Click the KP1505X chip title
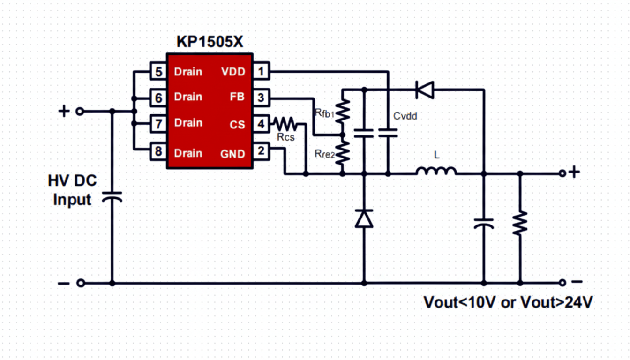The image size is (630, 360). (x=210, y=42)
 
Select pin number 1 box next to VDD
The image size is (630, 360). (x=261, y=72)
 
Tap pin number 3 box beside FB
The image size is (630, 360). (x=261, y=97)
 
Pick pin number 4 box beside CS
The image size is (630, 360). (x=261, y=124)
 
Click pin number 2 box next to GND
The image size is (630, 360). (x=261, y=151)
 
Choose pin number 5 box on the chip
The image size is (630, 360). (x=158, y=72)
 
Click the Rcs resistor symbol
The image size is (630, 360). (x=285, y=124)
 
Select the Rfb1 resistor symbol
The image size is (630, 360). (x=343, y=112)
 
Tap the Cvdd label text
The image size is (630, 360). (x=405, y=116)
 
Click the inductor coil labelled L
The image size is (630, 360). (x=436, y=172)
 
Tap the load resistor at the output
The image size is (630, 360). (x=520, y=224)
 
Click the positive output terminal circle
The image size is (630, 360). (x=562, y=173)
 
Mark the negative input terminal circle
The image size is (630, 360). (x=81, y=283)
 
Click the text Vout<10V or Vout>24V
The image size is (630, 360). (x=508, y=302)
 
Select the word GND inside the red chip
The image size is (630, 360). (x=232, y=154)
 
